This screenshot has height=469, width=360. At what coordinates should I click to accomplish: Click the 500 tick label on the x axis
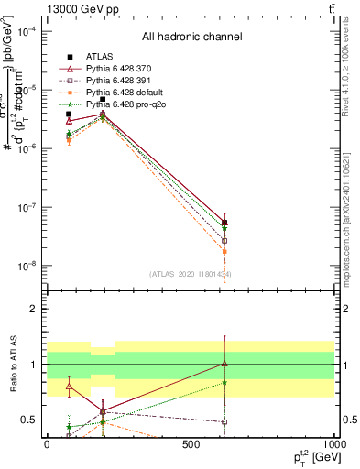pyautogui.click(x=191, y=444)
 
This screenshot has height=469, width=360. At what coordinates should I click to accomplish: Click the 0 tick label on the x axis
pyautogui.click(x=47, y=444)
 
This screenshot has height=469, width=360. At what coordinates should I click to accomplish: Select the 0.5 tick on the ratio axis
pyautogui.click(x=32, y=420)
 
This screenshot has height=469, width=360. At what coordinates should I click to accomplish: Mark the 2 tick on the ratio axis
pyautogui.click(x=36, y=309)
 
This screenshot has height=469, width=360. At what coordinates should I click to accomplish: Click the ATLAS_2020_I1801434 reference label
pyautogui.click(x=191, y=274)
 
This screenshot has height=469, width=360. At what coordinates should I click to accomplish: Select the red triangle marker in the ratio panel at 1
pyautogui.click(x=224, y=364)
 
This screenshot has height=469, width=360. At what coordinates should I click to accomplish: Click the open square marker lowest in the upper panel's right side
pyautogui.click(x=224, y=241)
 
